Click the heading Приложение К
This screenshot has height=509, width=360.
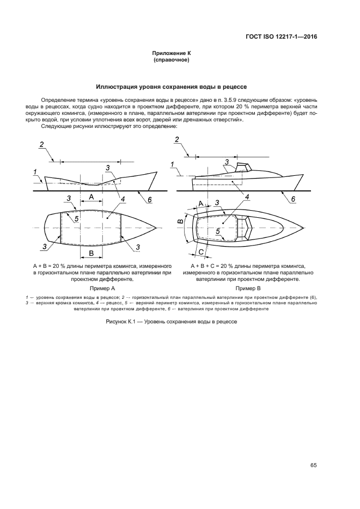[171, 53]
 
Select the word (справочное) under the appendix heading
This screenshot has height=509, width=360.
[171, 60]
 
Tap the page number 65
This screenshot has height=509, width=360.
[314, 465]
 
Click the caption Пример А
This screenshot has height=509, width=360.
[102, 287]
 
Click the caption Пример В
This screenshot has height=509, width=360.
[248, 287]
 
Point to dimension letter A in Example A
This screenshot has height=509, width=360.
[91, 195]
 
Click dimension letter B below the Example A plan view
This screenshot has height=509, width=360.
[91, 254]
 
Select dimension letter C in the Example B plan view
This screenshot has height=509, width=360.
[201, 252]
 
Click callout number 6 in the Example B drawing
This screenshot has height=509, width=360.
[292, 199]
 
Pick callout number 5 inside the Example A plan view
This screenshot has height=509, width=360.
[77, 218]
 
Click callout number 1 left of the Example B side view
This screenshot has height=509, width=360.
[172, 164]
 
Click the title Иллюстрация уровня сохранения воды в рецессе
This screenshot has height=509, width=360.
[172, 87]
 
